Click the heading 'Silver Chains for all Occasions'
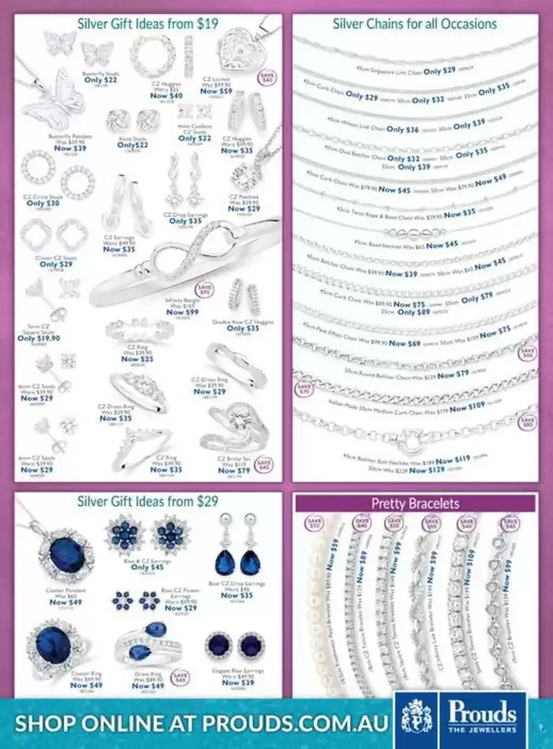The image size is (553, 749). (415, 24)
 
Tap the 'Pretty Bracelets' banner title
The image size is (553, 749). (416, 503)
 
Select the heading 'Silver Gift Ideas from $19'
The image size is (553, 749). (149, 24)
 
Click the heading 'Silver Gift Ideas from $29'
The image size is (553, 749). (149, 501)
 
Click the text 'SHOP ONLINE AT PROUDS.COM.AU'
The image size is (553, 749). (201, 723)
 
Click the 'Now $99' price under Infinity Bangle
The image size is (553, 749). (182, 312)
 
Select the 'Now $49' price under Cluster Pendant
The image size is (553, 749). (65, 602)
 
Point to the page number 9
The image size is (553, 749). (539, 728)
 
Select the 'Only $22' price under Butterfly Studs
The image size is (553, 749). (100, 80)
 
